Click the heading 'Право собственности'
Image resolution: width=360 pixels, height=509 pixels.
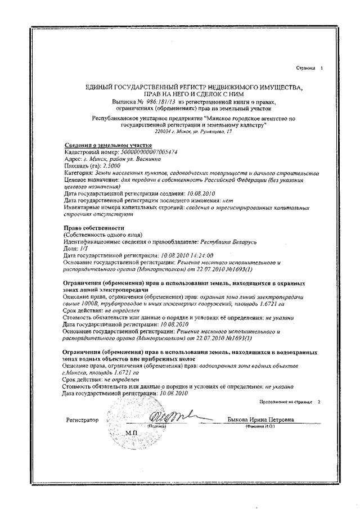pyautogui.click(x=87, y=227)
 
